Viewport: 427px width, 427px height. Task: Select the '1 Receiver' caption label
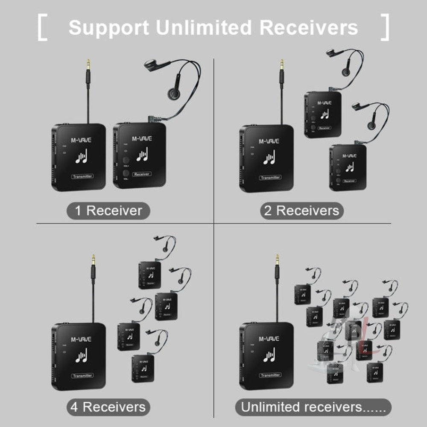coord(108,211)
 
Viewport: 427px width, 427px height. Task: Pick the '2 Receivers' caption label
coord(302,211)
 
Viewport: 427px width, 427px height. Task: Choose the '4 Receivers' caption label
coord(108,407)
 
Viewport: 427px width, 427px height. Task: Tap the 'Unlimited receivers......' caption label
coord(314,407)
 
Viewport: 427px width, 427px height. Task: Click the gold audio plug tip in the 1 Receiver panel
coord(88,64)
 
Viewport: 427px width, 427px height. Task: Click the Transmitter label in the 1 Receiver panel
coord(82,176)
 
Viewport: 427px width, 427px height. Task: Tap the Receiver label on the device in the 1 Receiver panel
coord(142,174)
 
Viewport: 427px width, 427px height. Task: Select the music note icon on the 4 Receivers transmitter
coord(81,355)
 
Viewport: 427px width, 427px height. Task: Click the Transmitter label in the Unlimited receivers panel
coord(270,375)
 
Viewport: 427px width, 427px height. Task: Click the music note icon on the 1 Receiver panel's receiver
coord(142,155)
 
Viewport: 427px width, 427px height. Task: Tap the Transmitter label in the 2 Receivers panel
coord(270,177)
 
